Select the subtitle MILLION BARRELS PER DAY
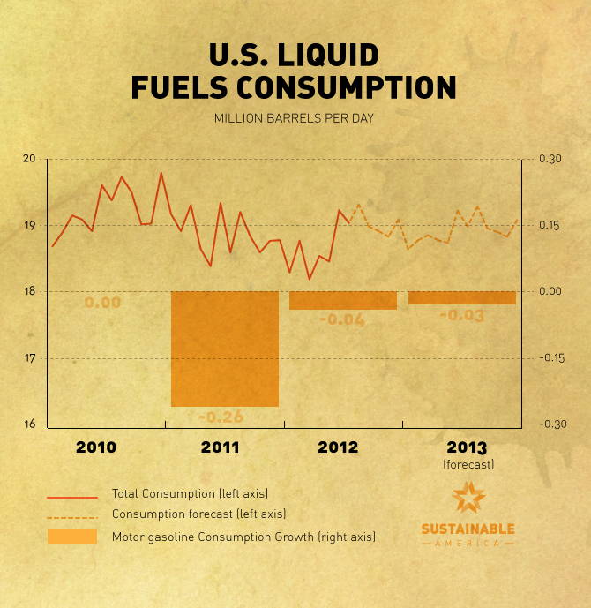(295, 118)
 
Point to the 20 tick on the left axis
(29, 159)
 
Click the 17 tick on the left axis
(29, 358)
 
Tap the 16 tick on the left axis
(29, 424)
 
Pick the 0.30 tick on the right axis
(550, 159)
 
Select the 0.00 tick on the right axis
(550, 292)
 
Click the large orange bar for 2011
(225, 349)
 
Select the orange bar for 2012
(343, 300)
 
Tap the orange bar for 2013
(462, 297)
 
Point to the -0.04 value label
(340, 319)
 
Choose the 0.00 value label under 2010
(102, 303)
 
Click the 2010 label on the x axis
(95, 447)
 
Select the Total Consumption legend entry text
(190, 493)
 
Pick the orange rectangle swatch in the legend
(72, 536)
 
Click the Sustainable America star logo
(468, 499)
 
